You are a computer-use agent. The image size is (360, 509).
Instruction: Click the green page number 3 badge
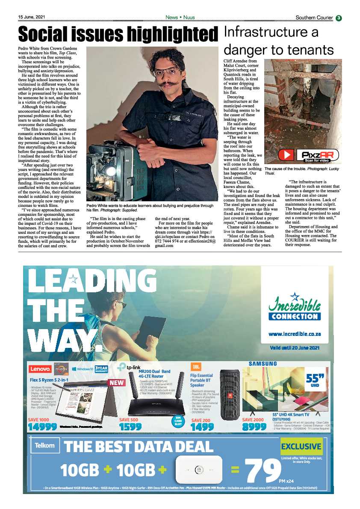(x=339, y=18)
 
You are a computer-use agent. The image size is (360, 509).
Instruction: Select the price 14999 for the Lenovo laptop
(x=43, y=427)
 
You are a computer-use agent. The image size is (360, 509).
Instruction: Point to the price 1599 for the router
(x=131, y=427)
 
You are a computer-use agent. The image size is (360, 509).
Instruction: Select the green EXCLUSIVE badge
(x=301, y=447)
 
